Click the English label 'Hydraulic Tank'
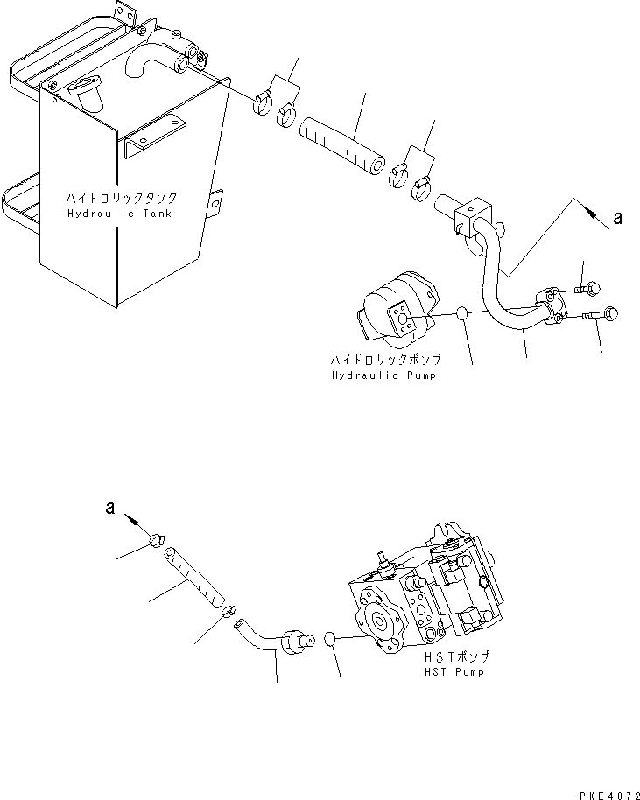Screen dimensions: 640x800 (119, 214)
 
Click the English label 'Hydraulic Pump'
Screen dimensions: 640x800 (383, 375)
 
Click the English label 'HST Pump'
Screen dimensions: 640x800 (454, 672)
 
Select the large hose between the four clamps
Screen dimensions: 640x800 (342, 147)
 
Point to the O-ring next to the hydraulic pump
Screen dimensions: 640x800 (461, 313)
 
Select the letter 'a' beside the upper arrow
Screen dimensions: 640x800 (618, 218)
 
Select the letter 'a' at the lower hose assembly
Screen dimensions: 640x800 (110, 508)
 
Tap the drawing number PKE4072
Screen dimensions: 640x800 (609, 795)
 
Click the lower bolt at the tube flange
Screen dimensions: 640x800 (600, 314)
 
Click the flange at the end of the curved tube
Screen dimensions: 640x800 (551, 305)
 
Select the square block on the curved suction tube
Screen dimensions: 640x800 (475, 217)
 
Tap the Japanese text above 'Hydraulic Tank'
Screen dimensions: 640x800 (122, 198)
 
